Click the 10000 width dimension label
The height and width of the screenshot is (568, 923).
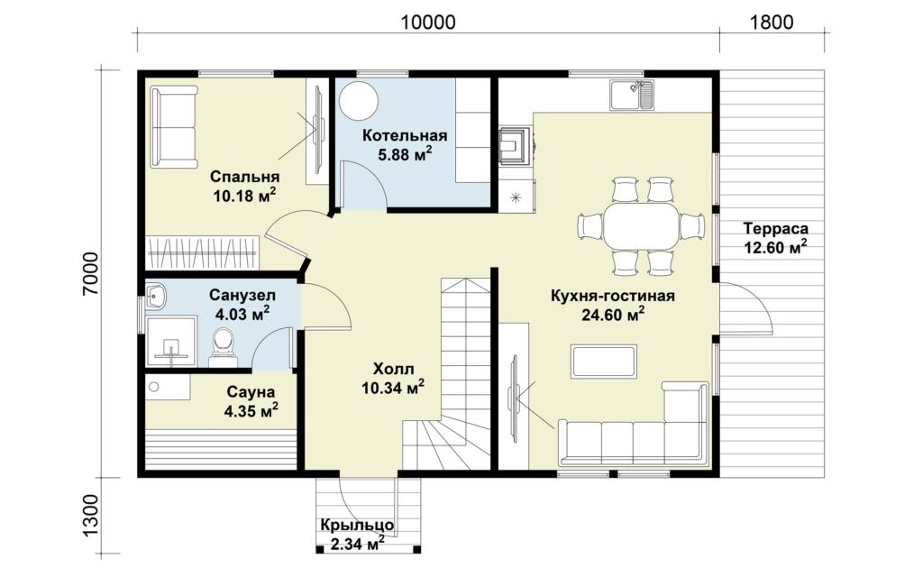428,23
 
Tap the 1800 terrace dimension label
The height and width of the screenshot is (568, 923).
772,23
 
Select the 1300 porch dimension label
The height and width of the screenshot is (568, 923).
91,515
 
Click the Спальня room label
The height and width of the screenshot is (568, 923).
245,177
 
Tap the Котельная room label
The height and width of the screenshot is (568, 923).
405,136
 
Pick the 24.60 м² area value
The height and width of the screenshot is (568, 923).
613,315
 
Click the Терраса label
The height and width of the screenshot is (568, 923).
775,228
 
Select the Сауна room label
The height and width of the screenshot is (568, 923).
251,392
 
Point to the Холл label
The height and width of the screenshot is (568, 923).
393,369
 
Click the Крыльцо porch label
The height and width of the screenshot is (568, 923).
357,525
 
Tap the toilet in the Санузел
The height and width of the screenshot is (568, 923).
224,347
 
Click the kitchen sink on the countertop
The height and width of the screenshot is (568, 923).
632,96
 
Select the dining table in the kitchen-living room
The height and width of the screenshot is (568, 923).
641,226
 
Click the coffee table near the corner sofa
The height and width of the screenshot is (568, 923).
603,361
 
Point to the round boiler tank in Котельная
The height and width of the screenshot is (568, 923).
357,100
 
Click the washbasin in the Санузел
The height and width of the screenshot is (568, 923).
155,296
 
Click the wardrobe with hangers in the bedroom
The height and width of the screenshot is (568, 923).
203,253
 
